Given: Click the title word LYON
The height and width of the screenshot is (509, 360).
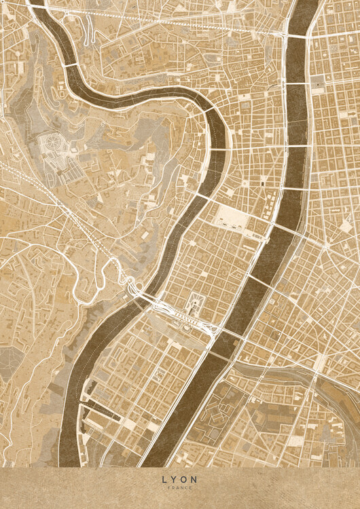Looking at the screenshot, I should [180, 479].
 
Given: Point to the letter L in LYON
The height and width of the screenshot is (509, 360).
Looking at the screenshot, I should [164, 479].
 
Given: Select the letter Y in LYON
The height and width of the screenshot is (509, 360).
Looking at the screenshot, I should [174, 479].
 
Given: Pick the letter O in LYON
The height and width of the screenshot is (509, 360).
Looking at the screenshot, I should [185, 479].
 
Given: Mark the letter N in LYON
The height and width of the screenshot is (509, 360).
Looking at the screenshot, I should [196, 479].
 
